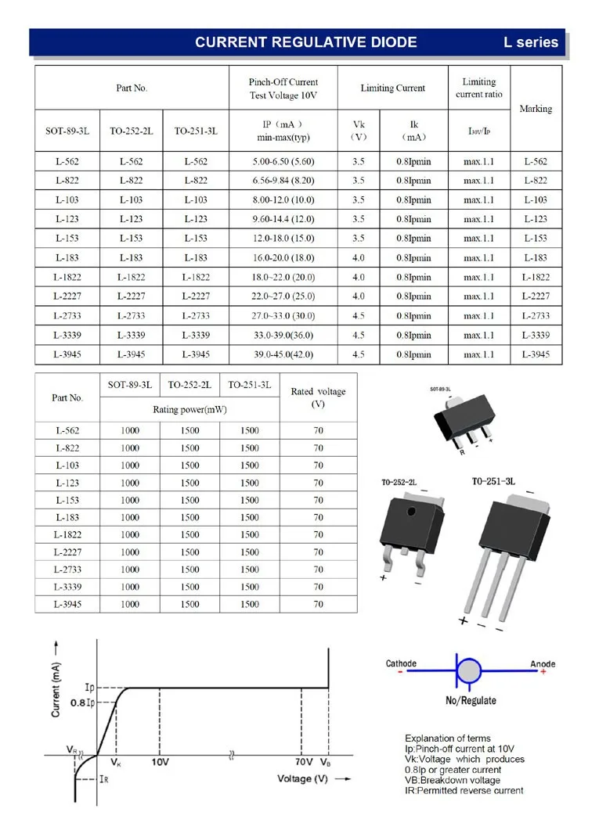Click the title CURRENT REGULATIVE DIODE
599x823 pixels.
[305, 42]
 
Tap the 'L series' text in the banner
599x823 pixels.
[531, 42]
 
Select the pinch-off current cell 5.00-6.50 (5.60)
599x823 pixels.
[283, 162]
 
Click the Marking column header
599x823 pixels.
[536, 109]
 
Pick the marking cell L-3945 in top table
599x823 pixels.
[536, 354]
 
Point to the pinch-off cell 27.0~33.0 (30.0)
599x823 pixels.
[283, 316]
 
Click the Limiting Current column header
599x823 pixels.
[392, 88]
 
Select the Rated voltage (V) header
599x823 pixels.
[318, 397]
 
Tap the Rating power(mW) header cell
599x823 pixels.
[189, 408]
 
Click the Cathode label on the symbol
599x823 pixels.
[401, 663]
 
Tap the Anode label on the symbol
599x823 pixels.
[543, 664]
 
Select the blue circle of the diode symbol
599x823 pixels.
[469, 671]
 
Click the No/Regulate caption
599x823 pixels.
[471, 700]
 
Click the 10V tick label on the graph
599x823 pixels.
[160, 761]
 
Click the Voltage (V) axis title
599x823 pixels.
[302, 779]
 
